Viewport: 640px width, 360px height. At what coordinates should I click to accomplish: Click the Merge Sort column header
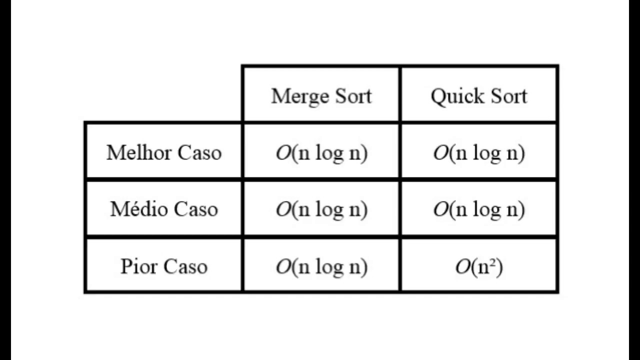[321, 95]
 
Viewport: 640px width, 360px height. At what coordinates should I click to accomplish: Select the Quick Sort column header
[479, 95]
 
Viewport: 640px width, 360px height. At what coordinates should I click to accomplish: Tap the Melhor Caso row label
[164, 152]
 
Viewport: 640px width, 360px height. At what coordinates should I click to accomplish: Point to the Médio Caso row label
[164, 209]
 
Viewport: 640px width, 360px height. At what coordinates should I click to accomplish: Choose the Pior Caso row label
[164, 266]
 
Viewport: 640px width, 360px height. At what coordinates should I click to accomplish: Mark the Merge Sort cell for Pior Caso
[321, 266]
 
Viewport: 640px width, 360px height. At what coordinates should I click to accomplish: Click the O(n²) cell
[479, 266]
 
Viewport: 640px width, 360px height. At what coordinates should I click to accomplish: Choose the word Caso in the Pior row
[185, 266]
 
